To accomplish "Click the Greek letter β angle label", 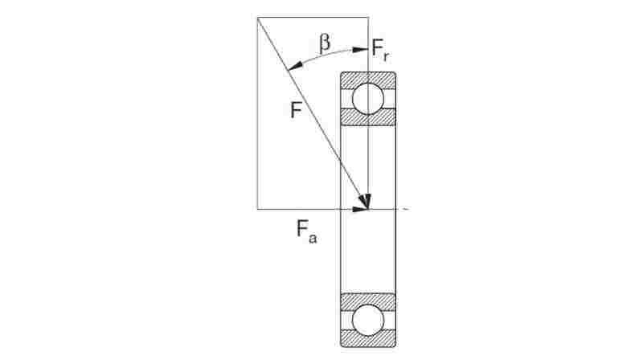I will pos(325,43).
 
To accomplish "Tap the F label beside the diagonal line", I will pos(296,110).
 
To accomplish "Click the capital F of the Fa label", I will pos(301,231).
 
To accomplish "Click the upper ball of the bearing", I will pos(368,98).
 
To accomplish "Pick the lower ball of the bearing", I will pos(368,320).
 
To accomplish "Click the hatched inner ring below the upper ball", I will pos(368,117).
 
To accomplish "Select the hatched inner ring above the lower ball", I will pos(368,301).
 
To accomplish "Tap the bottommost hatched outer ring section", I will pos(368,341).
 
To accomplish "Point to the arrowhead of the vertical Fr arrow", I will pos(368,201).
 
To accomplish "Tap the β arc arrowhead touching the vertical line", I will pos(364,51).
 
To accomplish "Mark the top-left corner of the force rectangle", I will pos(257,17).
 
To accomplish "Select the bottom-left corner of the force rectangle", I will pos(257,209).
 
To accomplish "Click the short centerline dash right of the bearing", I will pos(406,209).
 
